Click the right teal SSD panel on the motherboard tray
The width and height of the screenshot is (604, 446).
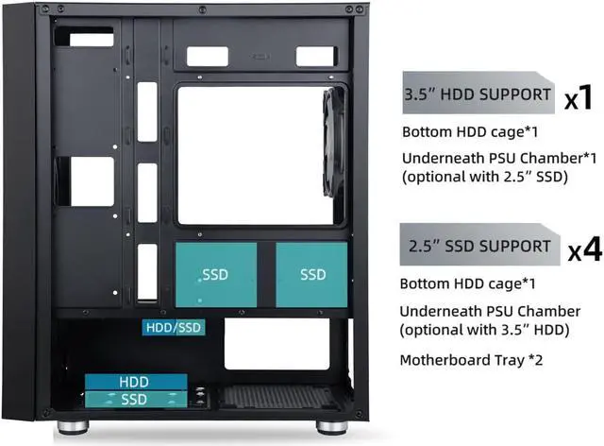coord(313,274)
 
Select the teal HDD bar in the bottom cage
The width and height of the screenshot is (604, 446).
coord(133,381)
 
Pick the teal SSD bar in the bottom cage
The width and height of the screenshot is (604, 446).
coord(133,399)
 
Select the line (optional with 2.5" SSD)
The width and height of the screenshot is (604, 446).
coord(485,177)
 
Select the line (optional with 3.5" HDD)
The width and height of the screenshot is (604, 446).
coord(488,330)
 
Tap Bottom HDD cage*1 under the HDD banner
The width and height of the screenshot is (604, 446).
coord(458,131)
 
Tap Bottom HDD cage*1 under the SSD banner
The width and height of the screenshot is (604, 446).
coord(458,283)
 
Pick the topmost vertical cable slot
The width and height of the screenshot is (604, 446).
coord(147,103)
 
